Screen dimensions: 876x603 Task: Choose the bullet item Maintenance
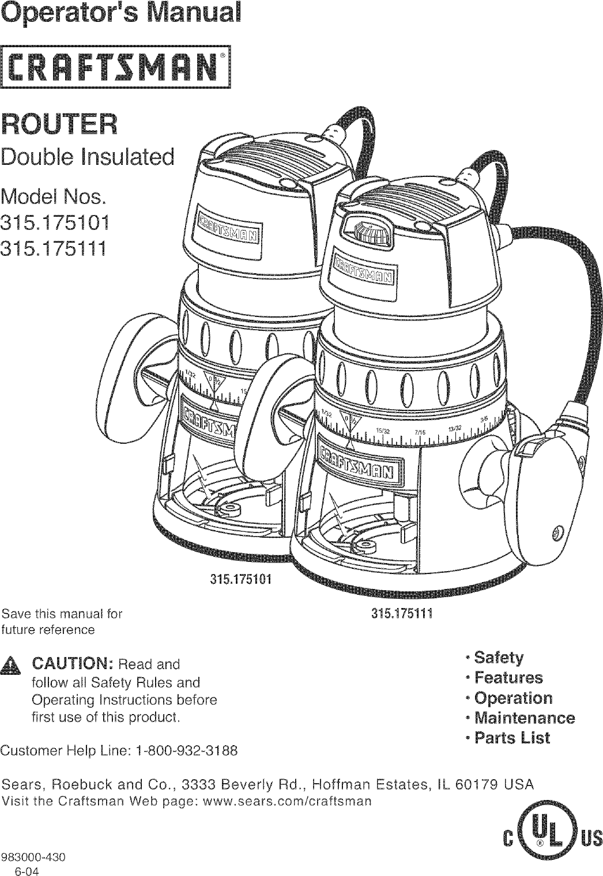tap(522, 718)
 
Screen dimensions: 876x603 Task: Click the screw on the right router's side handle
tap(556, 530)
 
